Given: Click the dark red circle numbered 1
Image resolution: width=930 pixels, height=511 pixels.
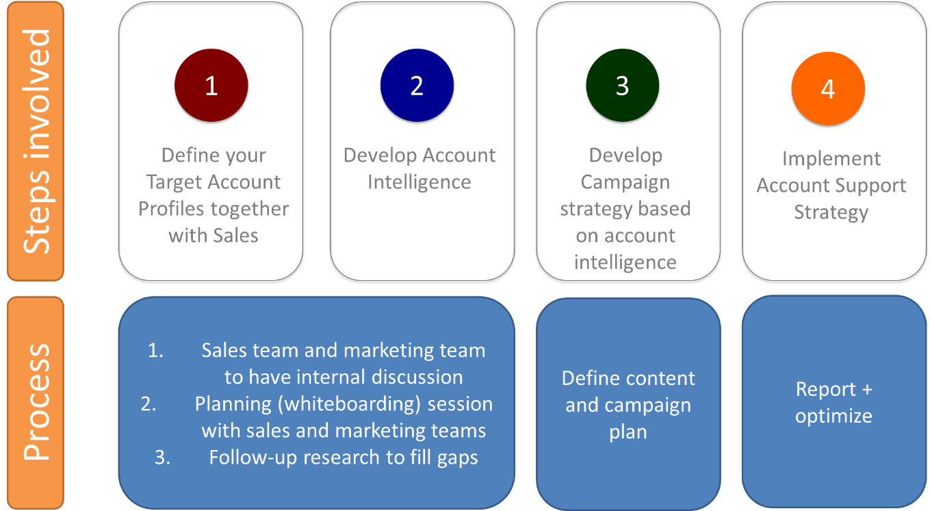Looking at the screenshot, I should pos(211,86).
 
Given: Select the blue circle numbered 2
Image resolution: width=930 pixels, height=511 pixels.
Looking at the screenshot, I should pos(417,86).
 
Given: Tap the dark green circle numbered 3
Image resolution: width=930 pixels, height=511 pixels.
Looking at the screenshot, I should pos(622,86).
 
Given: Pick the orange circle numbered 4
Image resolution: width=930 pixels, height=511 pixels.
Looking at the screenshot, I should pos(828,89).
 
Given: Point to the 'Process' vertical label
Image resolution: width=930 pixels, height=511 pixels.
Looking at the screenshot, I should pos(36,401).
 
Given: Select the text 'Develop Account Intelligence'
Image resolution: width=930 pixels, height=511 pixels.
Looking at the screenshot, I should pos(419,169).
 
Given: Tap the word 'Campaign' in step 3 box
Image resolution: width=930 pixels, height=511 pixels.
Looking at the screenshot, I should pos(625,182).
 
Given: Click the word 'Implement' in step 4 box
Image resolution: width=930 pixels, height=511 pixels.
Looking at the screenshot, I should pos(831,159).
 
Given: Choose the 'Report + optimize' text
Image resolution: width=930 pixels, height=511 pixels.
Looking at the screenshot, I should pos(834,402).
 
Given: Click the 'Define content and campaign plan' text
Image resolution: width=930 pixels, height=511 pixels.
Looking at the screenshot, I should pos(628,405).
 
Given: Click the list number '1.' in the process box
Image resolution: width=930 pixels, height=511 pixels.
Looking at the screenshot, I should pos(157,350).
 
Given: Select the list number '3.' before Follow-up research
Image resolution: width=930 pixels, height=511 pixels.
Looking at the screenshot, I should pos(162,458).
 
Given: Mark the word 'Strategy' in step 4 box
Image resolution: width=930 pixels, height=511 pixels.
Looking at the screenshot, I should pos(831,212).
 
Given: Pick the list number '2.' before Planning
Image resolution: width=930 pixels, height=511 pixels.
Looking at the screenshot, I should pos(150,403).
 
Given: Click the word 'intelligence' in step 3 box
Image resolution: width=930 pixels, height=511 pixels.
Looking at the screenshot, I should pos(625,262).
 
